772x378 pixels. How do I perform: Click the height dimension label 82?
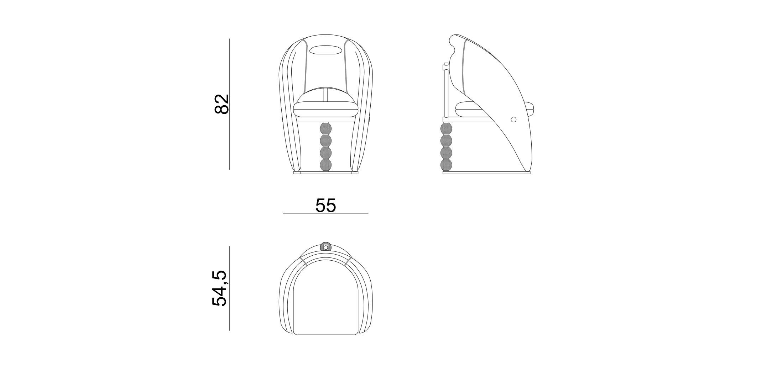coord(221,104)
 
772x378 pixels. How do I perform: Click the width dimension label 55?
coord(325,206)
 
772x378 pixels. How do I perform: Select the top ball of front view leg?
coord(325,128)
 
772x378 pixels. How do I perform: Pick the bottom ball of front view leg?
coord(325,165)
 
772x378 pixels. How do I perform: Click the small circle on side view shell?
coord(513,120)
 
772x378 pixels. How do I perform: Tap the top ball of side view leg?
coord(446,128)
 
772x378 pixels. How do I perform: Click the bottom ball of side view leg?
coord(446,165)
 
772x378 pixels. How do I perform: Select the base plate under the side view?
coord(486,172)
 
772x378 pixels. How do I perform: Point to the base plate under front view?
coord(325,173)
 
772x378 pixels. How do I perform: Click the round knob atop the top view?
coord(325,247)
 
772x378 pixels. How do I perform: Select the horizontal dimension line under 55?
coord(325,213)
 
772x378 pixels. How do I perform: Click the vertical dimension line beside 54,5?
coord(230,288)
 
